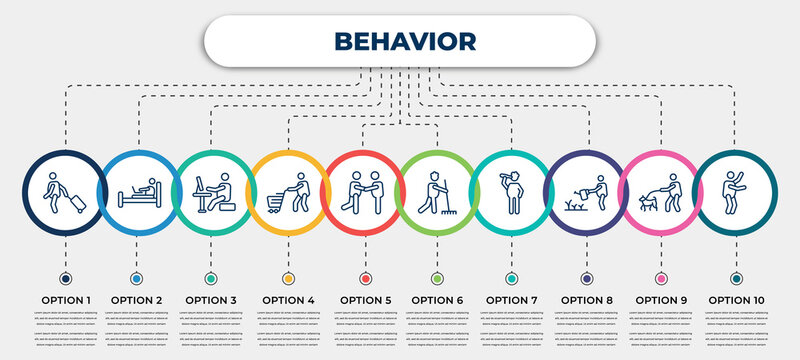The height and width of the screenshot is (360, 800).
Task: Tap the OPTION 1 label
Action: (65, 299)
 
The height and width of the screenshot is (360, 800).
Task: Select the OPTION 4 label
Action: (288, 299)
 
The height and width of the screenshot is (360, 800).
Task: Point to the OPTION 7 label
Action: (512, 299)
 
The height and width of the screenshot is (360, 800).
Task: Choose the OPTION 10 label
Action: (737, 299)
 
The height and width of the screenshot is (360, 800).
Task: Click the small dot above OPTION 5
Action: (363, 277)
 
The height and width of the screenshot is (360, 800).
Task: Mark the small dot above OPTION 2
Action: (137, 277)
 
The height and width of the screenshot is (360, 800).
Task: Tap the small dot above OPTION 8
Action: (587, 277)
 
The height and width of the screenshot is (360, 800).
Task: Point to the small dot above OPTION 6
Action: (437, 277)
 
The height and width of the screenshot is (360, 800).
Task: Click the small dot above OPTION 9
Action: (661, 277)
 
